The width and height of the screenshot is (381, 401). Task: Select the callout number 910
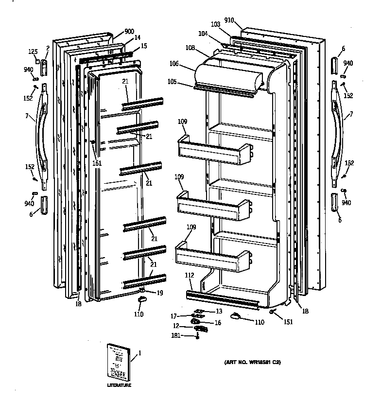[x=229, y=20]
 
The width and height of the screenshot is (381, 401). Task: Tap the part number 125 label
[x=32, y=51]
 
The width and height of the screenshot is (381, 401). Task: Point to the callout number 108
[x=190, y=48]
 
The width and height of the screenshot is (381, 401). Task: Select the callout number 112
[x=190, y=275]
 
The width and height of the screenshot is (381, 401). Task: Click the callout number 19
[x=159, y=293]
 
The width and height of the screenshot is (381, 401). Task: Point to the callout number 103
[x=216, y=24]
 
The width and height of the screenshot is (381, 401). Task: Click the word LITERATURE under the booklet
[x=119, y=385]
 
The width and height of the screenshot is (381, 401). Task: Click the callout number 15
[x=143, y=46]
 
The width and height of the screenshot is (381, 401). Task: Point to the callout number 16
[x=217, y=323]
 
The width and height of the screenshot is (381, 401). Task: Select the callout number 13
[x=219, y=312]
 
